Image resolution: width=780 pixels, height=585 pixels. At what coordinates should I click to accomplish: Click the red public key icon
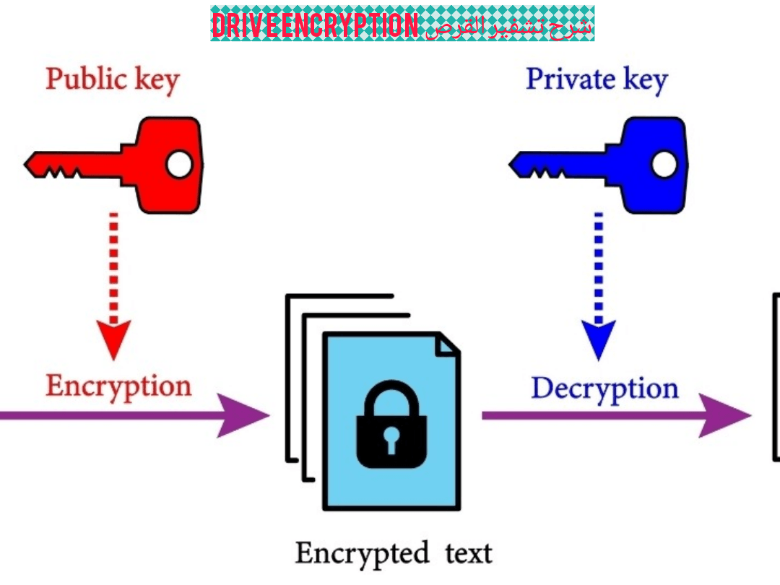[x=144, y=165]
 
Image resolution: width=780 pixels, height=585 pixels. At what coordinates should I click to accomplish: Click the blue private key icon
[x=628, y=165]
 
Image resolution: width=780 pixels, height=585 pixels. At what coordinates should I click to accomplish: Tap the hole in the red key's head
[x=179, y=165]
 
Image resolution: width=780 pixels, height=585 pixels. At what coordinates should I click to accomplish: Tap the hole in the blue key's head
[x=664, y=165]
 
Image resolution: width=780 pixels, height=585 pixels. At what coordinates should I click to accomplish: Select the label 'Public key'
[x=112, y=80]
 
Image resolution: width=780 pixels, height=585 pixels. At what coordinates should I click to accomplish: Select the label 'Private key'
[x=597, y=80]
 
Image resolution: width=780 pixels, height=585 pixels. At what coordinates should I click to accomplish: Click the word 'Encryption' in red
[x=118, y=386]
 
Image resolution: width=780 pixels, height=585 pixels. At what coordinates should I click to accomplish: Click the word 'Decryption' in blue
[x=605, y=389]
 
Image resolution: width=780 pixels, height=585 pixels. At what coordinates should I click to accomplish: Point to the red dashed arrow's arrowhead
[x=113, y=338]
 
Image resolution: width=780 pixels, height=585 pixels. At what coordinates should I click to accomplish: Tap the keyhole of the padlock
[x=391, y=440]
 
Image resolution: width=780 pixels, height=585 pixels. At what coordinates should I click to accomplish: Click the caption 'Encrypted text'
[x=394, y=554]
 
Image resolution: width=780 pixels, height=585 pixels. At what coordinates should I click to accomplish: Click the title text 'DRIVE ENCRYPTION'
[x=315, y=25]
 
